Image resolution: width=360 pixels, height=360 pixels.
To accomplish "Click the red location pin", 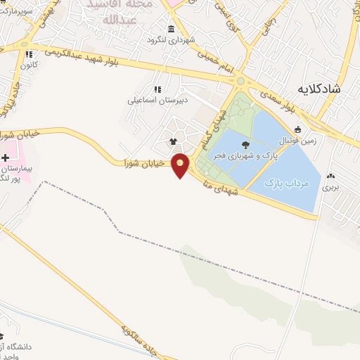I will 181,165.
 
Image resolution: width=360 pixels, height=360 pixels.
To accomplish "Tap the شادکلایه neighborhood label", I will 319,89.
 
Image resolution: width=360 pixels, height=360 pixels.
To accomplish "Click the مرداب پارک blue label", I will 287,183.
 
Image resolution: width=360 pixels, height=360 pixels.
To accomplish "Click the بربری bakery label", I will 330,188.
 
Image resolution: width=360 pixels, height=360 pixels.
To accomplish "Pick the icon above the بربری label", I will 331,176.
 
